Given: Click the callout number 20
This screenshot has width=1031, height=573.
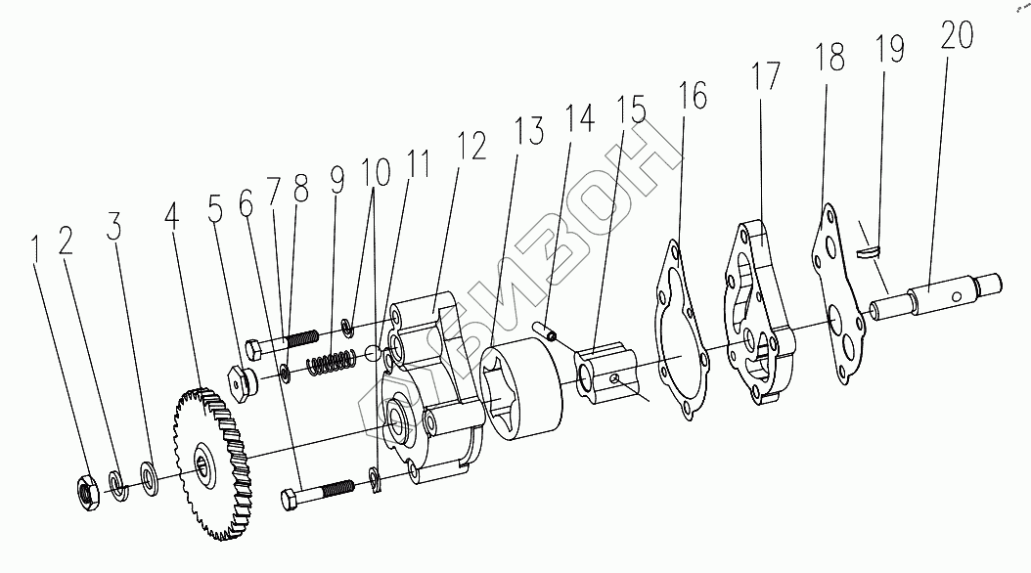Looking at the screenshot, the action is click(x=957, y=36).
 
